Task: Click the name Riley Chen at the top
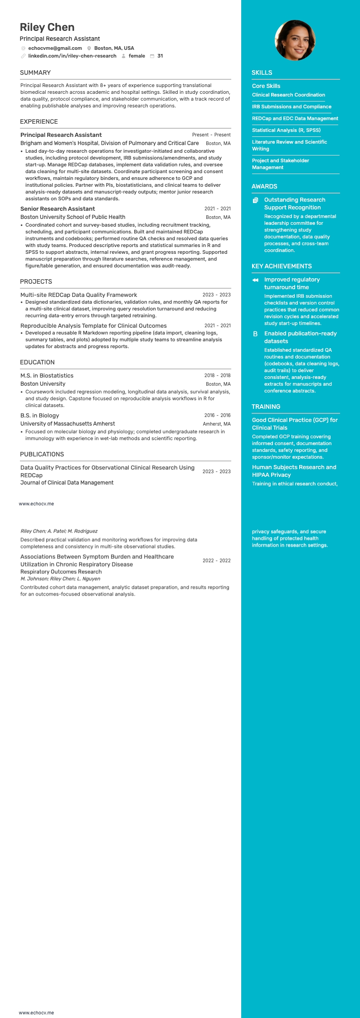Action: [x=47, y=27]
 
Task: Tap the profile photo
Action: [x=295, y=40]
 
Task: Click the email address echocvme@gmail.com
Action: [x=55, y=48]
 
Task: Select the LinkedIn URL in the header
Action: [x=72, y=56]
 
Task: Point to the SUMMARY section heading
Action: [x=35, y=73]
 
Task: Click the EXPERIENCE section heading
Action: [x=39, y=121]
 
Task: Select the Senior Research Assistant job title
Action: [x=58, y=209]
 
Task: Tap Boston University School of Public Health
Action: [x=73, y=217]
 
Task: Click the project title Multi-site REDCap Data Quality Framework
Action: [x=78, y=295]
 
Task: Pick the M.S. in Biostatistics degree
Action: [x=47, y=376]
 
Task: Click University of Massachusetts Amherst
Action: [x=68, y=424]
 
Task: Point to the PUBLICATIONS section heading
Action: [x=42, y=454]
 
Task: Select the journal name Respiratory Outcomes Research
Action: [x=61, y=572]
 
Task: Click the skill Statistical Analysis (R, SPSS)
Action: [x=286, y=130]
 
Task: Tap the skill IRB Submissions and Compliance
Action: [x=292, y=107]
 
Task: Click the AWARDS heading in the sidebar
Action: [x=264, y=186]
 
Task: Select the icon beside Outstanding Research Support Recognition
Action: [x=256, y=200]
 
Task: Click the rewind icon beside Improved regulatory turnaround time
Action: [x=255, y=280]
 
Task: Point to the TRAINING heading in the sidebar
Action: [x=266, y=407]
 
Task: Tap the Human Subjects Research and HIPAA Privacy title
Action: [x=294, y=471]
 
